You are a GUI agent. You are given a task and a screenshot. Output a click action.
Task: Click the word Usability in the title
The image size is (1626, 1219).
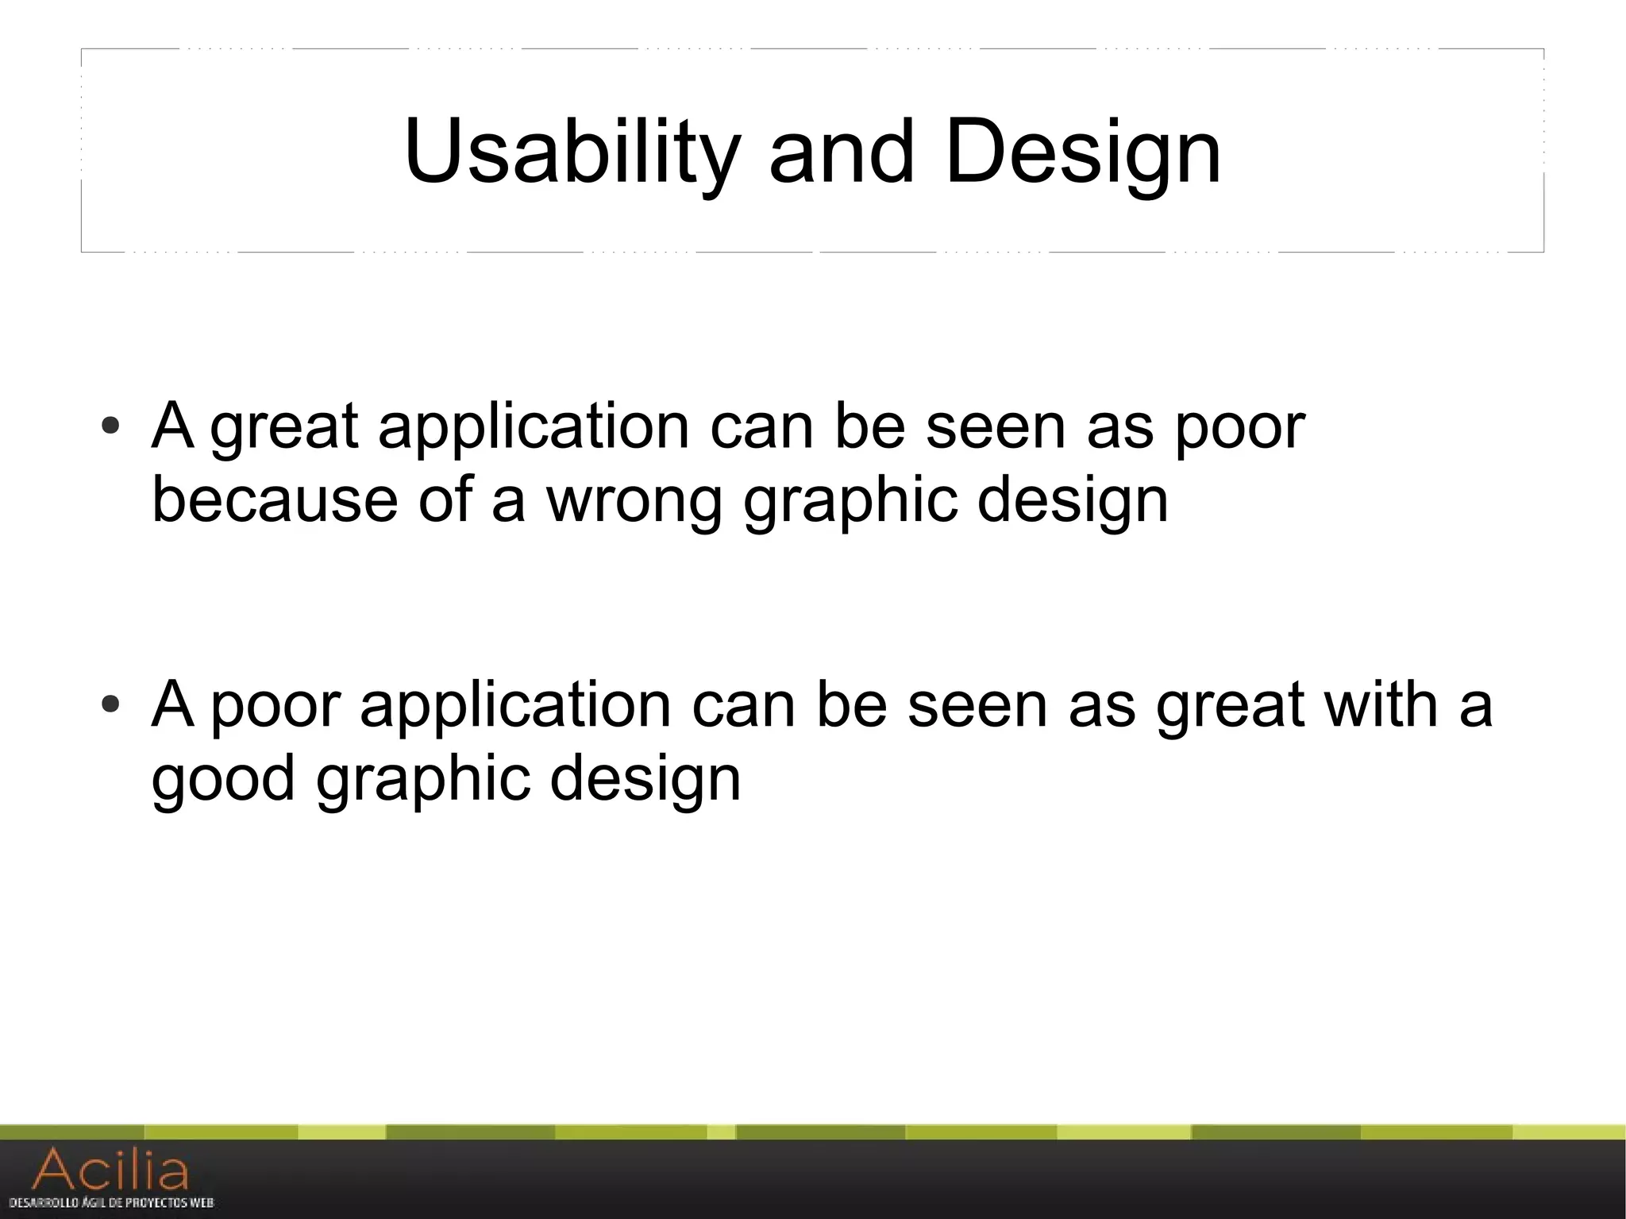tap(572, 151)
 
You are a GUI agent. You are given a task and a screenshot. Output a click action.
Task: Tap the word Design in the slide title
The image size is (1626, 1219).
tap(1083, 151)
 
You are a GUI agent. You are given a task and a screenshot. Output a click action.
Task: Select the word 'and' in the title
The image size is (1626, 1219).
tap(842, 151)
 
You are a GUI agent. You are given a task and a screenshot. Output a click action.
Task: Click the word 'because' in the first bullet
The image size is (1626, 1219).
tap(274, 500)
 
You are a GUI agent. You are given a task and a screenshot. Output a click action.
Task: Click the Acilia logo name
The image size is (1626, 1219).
tap(111, 1170)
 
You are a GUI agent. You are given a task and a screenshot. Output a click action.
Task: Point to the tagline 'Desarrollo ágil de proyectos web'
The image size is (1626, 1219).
tap(111, 1203)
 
